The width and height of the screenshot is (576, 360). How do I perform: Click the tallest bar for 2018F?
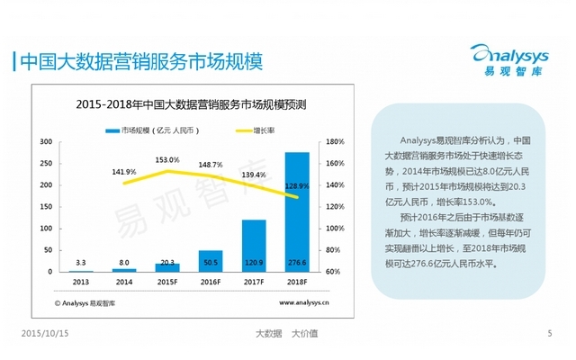(297, 211)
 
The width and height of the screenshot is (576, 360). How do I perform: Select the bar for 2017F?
(254, 245)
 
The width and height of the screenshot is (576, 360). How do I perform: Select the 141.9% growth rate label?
(124, 172)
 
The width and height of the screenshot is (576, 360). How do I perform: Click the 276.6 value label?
(297, 263)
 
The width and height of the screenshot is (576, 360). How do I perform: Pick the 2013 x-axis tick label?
(81, 282)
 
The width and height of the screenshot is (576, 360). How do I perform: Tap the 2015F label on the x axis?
(167, 282)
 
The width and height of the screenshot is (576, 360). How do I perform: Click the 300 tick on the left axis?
(46, 142)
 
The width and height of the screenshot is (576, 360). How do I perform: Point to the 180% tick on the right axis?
(336, 142)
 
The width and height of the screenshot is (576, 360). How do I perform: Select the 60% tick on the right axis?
(334, 271)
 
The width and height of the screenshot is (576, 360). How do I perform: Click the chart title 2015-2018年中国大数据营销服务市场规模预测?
(191, 104)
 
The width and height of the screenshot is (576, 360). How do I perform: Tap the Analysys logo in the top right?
(510, 57)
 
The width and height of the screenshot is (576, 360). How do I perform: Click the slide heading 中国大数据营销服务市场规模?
(139, 61)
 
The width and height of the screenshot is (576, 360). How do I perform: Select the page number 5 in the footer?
(549, 334)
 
